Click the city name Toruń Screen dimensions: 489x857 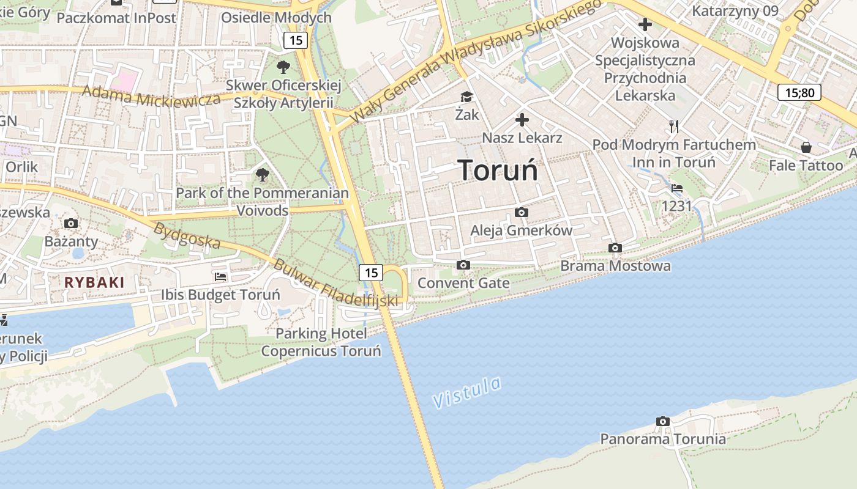[498, 170]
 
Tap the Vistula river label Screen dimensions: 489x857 [466, 392]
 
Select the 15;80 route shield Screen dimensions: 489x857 [799, 92]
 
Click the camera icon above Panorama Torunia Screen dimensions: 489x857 [662, 421]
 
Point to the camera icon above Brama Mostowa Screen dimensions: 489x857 [615, 248]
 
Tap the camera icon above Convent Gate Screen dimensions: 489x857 [463, 265]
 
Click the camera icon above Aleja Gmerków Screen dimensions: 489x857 [522, 212]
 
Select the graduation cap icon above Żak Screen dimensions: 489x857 [467, 97]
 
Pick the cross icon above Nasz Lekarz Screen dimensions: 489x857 [522, 119]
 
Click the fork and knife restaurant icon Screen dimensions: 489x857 [674, 127]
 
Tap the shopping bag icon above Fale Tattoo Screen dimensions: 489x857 [806, 147]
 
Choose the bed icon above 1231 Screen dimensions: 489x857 [676, 188]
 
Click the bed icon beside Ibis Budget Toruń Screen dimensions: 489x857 [220, 276]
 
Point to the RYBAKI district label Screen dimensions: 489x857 [94, 282]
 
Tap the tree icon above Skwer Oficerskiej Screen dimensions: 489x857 [283, 67]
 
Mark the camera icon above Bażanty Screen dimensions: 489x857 [71, 223]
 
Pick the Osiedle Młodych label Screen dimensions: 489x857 [276, 18]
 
